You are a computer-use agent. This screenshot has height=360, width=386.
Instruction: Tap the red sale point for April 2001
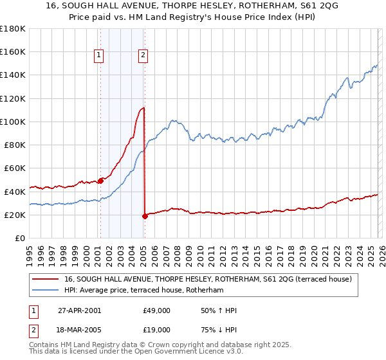(100, 181)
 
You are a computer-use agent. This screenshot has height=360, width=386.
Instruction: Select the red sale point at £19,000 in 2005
(145, 216)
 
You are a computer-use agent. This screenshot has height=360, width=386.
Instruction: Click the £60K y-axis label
(14, 168)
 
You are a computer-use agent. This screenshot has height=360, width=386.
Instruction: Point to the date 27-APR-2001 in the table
(79, 310)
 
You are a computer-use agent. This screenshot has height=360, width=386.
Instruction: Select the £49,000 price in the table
(156, 310)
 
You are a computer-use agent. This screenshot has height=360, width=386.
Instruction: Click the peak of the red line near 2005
(143, 108)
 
